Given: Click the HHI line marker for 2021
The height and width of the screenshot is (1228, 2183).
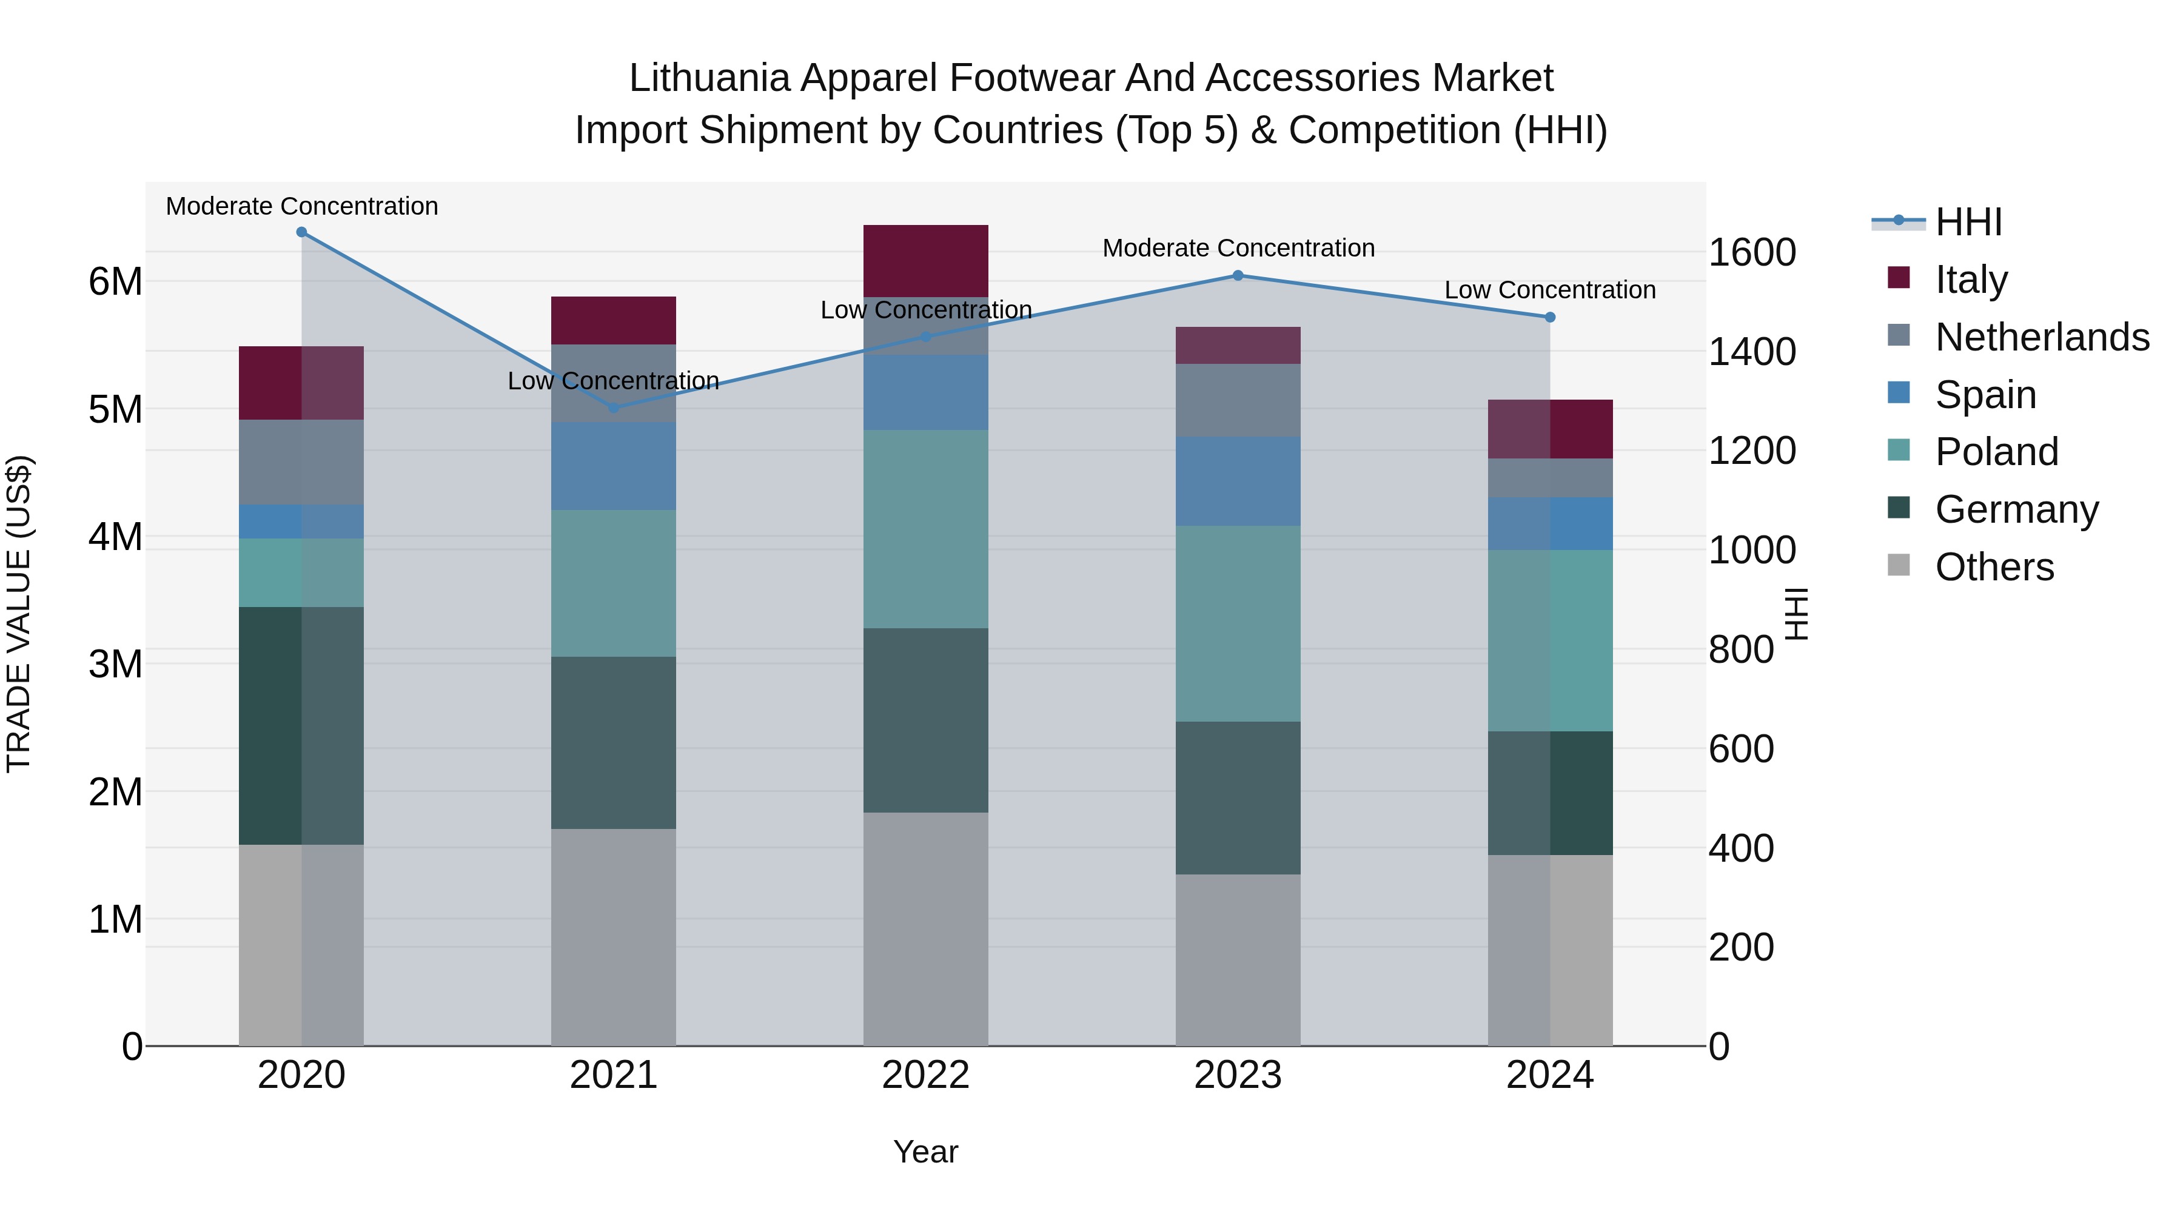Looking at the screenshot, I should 614,408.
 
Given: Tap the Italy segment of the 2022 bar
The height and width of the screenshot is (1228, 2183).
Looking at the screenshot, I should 925,260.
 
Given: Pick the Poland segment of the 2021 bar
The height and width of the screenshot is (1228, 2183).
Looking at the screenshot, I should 614,583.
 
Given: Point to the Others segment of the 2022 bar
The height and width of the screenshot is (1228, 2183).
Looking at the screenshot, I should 925,929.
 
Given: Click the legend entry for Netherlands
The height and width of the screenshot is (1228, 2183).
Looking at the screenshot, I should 2042,337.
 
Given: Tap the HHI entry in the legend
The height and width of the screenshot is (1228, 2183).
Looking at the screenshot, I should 1968,222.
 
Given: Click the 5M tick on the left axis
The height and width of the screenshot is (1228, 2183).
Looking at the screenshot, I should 115,409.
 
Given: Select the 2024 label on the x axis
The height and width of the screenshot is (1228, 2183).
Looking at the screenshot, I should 1549,1075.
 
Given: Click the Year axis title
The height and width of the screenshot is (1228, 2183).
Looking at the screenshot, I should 925,1152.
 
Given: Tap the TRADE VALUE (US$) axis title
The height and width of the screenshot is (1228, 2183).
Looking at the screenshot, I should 19,614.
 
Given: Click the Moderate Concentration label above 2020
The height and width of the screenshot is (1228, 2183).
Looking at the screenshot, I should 302,206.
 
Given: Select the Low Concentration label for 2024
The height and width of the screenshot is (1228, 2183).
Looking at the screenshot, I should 1549,290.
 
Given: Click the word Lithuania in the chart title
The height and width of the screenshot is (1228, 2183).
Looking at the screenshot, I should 709,78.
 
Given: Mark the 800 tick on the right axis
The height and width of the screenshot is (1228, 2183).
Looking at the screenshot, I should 1740,650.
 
